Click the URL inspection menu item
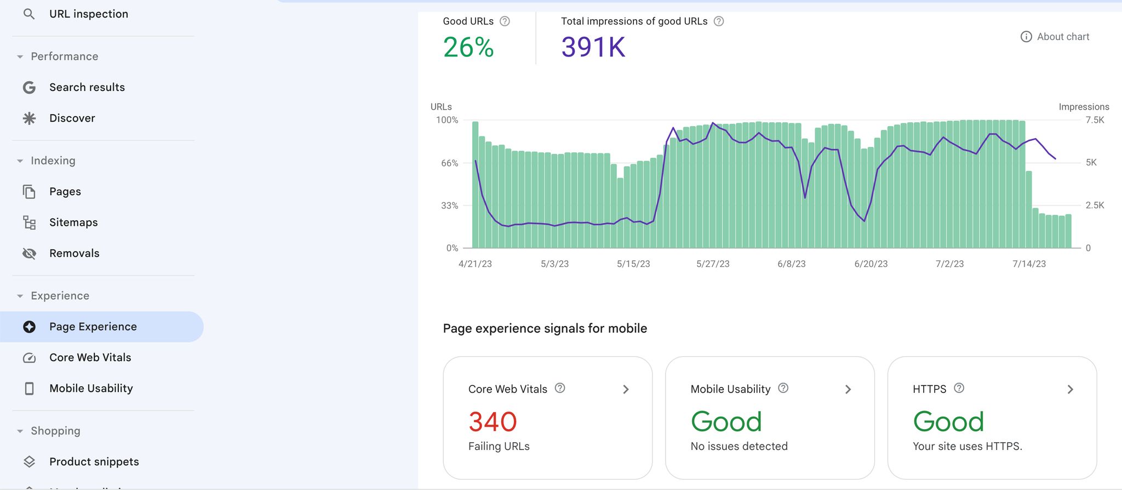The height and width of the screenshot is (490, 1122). (88, 14)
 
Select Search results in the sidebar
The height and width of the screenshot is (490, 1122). (87, 87)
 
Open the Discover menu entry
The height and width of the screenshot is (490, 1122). (72, 118)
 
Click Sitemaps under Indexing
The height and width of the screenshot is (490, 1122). (73, 223)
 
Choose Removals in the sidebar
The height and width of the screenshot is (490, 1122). (74, 253)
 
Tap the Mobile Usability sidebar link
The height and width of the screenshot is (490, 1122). (91, 389)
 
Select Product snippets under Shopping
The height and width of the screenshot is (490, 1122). (94, 462)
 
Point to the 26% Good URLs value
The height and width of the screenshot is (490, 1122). (468, 47)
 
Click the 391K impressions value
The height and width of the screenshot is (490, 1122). (593, 47)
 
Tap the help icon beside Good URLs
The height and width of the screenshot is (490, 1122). (505, 21)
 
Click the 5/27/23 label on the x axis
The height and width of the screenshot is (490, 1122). (713, 264)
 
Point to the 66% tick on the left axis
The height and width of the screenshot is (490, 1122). (449, 163)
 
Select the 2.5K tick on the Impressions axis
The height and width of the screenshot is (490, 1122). (1095, 206)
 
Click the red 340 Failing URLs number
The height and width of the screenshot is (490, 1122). (493, 422)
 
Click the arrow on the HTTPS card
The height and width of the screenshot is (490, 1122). (1070, 390)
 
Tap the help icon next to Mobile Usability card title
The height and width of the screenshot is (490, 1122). (783, 388)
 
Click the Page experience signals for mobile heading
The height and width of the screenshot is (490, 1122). (545, 328)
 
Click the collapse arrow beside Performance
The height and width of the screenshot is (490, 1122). (20, 57)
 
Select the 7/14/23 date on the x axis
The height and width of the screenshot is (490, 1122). (1029, 264)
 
